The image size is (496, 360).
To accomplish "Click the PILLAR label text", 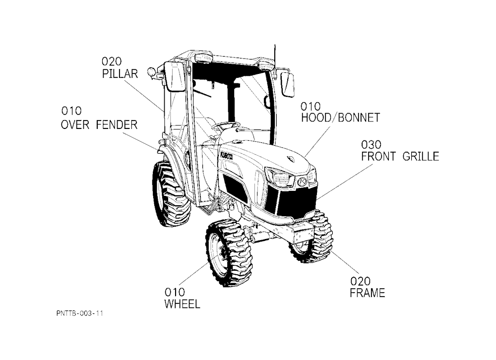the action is pos(120,74).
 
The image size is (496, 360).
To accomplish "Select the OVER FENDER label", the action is pos(99,124).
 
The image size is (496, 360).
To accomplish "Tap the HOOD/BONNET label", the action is pos(340,118).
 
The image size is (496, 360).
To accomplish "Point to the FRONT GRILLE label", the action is pos(400,156).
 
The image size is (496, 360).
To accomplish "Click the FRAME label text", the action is pos(367,293).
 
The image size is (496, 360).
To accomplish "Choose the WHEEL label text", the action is pos(182,304).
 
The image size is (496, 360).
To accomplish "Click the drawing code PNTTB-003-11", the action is pos(80,313).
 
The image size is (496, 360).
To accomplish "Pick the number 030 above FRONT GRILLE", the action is pos(371,145).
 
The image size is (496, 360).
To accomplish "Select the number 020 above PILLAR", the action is pos(111,61).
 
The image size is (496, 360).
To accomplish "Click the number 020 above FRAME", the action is pos(360,281).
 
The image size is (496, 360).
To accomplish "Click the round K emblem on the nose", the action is pos(302,182).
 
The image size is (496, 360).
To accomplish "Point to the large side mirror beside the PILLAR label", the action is pos(174,76).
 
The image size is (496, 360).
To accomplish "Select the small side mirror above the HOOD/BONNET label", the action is pos(287,84).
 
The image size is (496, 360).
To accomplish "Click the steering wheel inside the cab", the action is pos(226,125).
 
